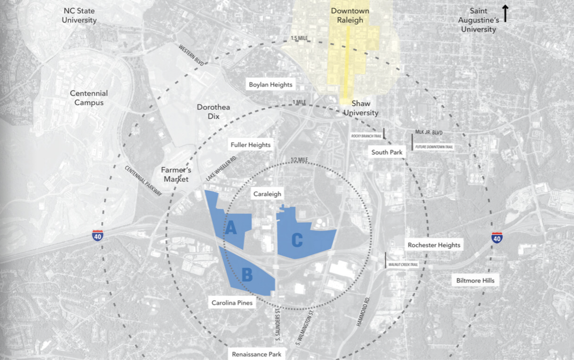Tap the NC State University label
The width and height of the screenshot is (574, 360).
click(80, 15)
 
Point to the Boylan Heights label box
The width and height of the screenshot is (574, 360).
click(270, 85)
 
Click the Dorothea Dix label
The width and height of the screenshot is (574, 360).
click(213, 112)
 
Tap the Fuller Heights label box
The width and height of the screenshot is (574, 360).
click(250, 144)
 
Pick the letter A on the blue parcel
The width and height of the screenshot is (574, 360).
click(231, 229)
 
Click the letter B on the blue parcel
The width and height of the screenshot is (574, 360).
click(247, 274)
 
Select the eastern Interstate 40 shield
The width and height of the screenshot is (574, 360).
click(497, 237)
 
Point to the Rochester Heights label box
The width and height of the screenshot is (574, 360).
click(434, 245)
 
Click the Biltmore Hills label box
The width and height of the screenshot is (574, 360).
click(475, 281)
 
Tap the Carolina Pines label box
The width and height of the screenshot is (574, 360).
click(232, 303)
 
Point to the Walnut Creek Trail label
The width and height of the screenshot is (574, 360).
click(404, 264)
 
